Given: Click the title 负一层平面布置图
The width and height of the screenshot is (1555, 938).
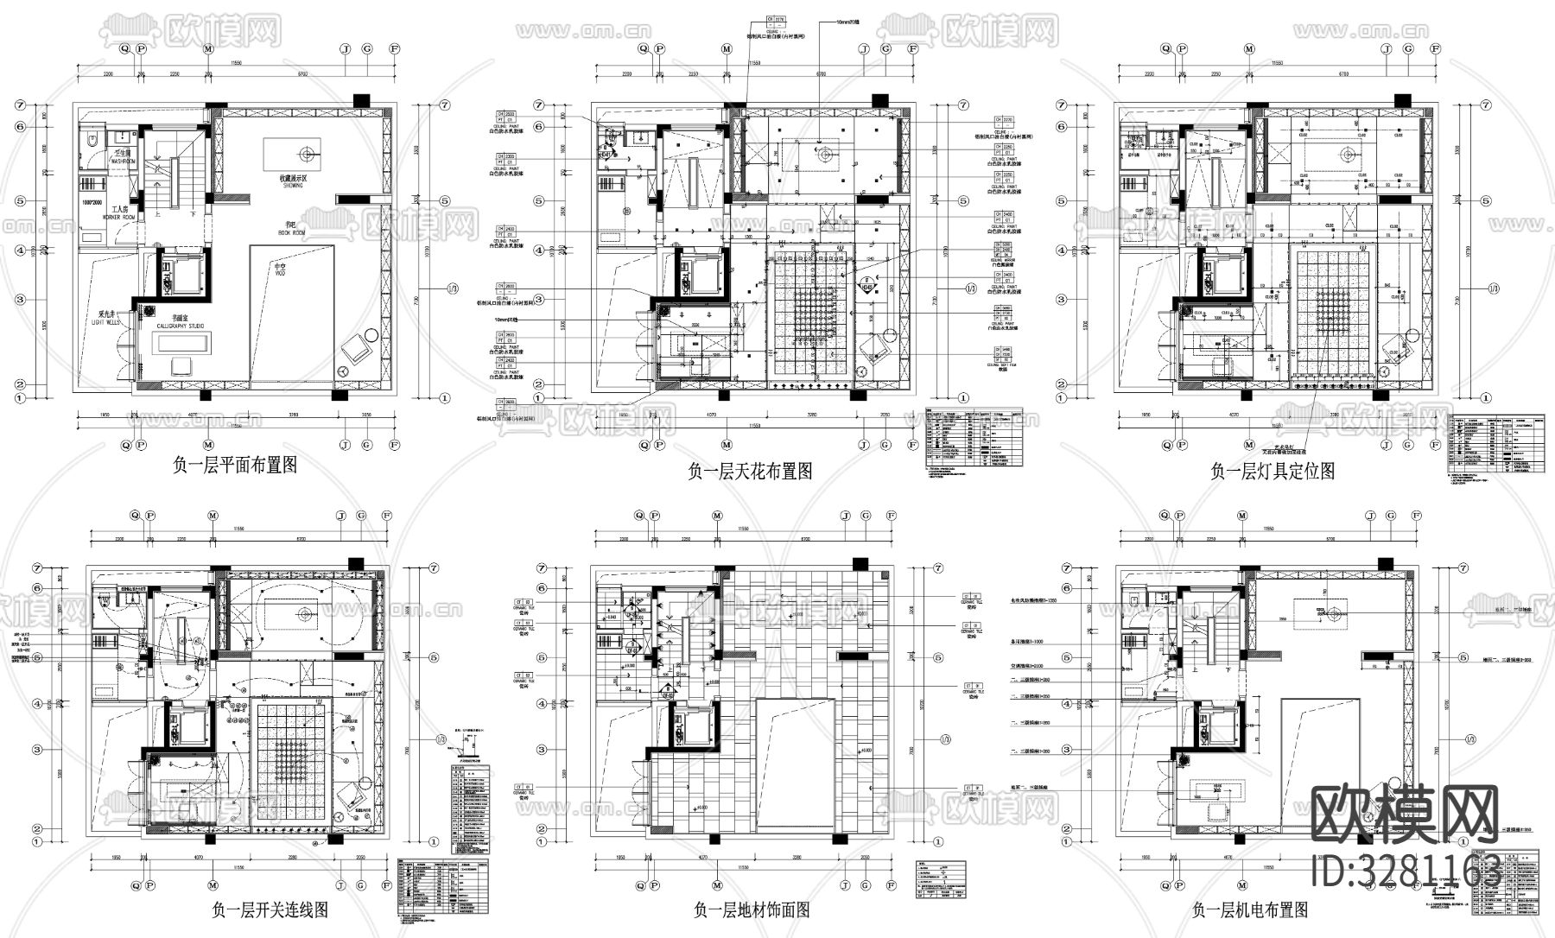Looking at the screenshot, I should click(235, 466).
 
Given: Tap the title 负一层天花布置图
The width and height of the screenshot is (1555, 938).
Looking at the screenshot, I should click(749, 472).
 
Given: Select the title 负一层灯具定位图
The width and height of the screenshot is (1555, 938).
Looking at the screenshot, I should click(1273, 472).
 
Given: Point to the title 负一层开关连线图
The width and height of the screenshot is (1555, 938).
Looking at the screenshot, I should click(270, 909).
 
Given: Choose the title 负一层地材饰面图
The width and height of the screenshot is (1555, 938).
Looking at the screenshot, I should click(752, 909).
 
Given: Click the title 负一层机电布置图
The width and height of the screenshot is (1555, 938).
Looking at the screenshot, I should click(1250, 909).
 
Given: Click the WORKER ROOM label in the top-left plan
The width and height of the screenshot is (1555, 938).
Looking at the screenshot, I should click(117, 218).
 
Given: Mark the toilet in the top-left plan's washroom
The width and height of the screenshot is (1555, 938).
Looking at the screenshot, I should click(91, 142).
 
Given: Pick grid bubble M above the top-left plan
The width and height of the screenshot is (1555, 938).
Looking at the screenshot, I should click(208, 49).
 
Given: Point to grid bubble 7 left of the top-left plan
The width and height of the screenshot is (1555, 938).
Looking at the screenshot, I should click(19, 105).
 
